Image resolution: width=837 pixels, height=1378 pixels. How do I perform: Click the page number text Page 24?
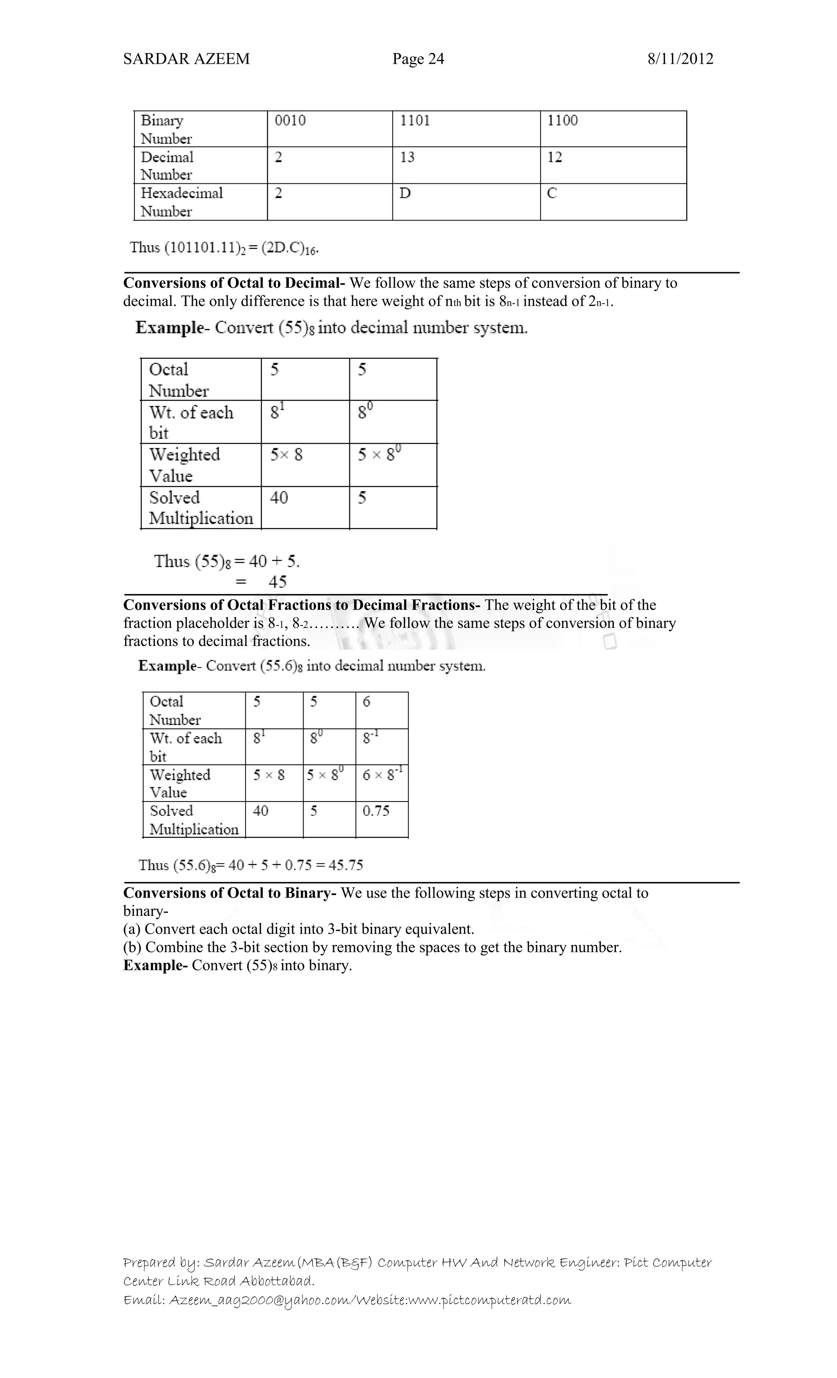(x=418, y=59)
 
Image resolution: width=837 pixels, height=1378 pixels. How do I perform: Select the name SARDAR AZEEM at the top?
(x=186, y=59)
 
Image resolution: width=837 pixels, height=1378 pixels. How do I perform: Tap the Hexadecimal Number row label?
(x=181, y=202)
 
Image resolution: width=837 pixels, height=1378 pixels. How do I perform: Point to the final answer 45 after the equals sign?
(x=278, y=582)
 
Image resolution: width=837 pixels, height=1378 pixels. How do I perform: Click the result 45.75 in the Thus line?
(x=346, y=866)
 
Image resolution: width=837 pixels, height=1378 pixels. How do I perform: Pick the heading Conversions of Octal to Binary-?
(x=229, y=893)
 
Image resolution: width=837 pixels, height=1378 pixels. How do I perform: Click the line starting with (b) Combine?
(x=372, y=947)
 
